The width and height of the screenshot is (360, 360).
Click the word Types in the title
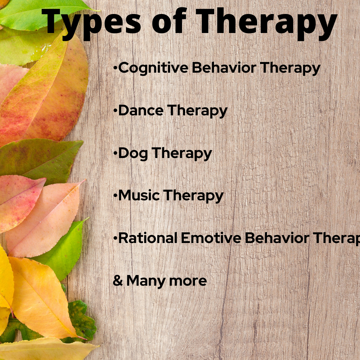(91, 24)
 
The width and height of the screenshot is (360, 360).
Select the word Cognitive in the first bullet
(153, 68)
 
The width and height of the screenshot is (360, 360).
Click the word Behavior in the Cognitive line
(224, 68)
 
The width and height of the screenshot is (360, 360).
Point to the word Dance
(141, 110)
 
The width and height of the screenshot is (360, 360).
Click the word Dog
(133, 154)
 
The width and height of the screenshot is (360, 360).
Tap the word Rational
(148, 238)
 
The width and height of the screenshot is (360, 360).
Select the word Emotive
(211, 238)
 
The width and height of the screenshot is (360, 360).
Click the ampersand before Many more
(118, 281)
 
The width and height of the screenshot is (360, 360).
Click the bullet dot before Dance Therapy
(115, 110)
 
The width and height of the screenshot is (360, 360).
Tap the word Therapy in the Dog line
(182, 154)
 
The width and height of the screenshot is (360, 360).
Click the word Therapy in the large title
(267, 24)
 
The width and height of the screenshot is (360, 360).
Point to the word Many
(146, 281)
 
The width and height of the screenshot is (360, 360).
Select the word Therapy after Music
(193, 196)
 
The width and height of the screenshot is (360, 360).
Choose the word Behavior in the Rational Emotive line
(277, 238)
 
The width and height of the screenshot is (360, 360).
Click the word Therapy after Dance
(197, 111)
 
